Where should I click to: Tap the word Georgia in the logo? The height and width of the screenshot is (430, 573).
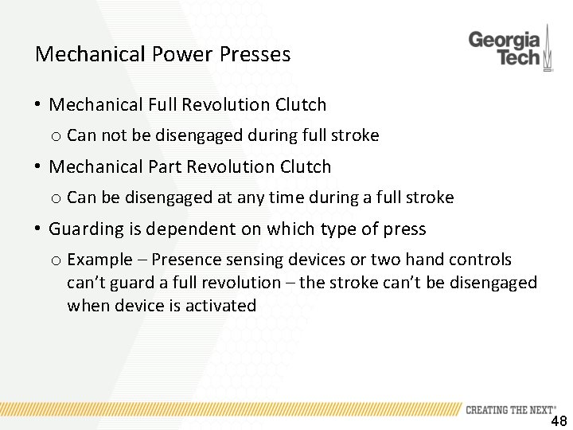pos(504,40)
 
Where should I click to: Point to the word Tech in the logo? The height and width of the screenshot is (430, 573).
pos(517,57)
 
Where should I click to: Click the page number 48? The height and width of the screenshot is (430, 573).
pos(559,422)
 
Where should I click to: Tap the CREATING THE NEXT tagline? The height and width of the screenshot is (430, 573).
pos(510,410)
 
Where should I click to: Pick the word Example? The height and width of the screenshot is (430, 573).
pos(98,260)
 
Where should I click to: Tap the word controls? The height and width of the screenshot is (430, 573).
pos(481,260)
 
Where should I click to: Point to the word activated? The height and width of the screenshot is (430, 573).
pos(220,305)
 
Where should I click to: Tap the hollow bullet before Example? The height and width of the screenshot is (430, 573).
pos(57,260)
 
